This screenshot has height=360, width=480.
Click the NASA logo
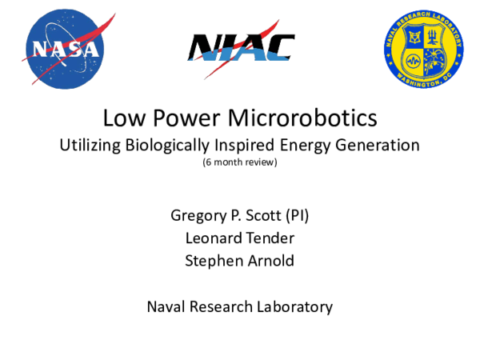[66, 50]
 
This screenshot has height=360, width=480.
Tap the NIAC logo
[241, 50]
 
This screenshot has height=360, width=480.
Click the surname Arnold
[270, 260]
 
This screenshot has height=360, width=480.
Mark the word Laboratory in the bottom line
[294, 306]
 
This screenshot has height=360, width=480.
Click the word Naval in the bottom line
[165, 306]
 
